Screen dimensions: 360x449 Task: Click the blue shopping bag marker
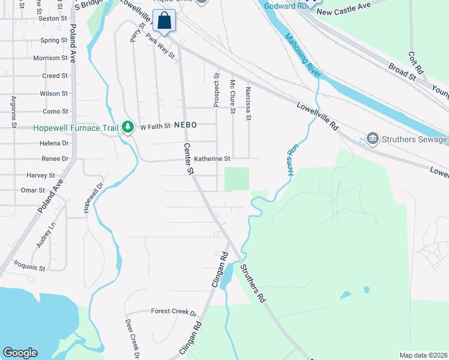click(164, 21)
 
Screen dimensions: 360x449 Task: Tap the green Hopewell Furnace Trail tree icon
click(127, 127)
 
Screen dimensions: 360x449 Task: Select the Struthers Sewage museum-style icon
click(373, 139)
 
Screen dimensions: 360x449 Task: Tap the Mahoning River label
click(303, 58)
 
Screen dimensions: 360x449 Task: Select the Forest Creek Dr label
click(174, 312)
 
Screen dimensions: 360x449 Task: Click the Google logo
click(20, 353)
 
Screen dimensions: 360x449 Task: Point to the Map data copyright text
click(423, 355)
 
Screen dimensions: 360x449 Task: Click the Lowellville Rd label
click(318, 116)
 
